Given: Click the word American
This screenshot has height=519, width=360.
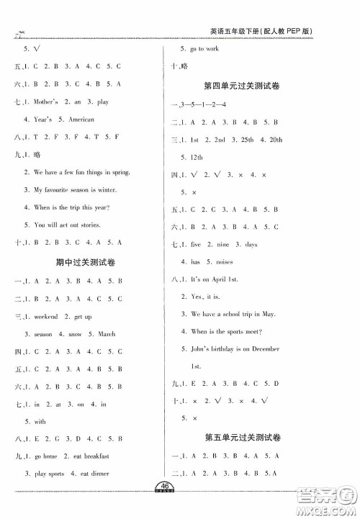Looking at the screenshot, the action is [81, 119].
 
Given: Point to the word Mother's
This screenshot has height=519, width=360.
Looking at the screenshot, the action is [44, 102].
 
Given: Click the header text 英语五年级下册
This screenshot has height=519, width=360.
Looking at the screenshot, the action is [231, 32].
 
